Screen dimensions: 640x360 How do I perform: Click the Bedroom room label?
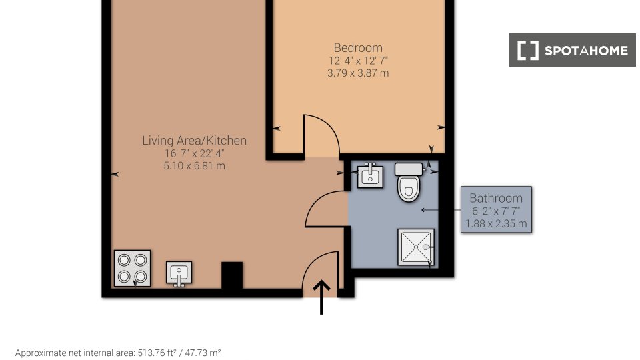(358, 48)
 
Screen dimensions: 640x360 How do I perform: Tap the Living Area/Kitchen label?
(194, 141)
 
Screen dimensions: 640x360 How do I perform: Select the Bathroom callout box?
(496, 210)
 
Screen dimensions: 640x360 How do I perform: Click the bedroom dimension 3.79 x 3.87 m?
(358, 73)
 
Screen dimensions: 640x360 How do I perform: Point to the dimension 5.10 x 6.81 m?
(194, 166)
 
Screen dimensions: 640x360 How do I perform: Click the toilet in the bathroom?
(409, 182)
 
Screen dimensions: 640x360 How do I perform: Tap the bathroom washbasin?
(370, 175)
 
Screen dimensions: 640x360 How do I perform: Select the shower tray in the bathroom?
(416, 247)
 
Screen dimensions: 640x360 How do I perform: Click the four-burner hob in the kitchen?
(132, 268)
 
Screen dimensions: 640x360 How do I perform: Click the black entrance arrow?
(321, 297)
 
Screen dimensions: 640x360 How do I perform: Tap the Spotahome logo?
(572, 50)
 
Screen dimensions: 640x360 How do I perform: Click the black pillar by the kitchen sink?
(232, 275)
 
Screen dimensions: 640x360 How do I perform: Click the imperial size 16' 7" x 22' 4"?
(194, 153)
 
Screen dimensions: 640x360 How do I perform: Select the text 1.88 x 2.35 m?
(496, 224)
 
